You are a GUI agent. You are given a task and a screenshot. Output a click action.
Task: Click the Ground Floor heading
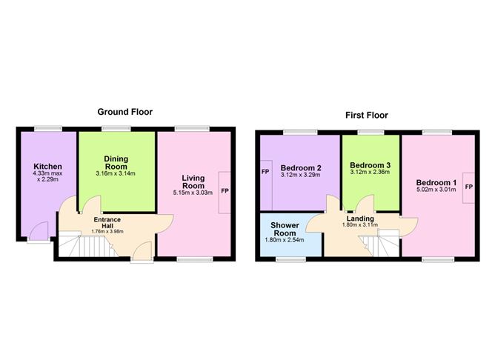coord(125,112)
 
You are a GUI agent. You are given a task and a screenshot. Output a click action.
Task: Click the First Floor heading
coord(366,115)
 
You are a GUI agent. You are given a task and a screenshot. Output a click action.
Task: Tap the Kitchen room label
coord(47,167)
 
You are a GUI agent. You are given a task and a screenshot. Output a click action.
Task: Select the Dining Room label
coord(116,163)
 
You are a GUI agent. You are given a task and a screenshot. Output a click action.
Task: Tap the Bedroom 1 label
coord(436,183)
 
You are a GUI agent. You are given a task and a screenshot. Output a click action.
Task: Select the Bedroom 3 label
coord(370,164)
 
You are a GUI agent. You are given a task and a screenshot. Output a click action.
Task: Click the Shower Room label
coord(284,228)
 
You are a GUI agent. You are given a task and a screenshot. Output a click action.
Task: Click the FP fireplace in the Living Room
coord(225,191)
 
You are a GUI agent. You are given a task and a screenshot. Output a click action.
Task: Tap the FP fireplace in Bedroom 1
coord(468,187)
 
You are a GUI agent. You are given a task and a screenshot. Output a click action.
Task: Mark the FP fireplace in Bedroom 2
coord(265,172)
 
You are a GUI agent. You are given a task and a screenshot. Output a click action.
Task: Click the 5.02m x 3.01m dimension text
coord(436,191)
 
